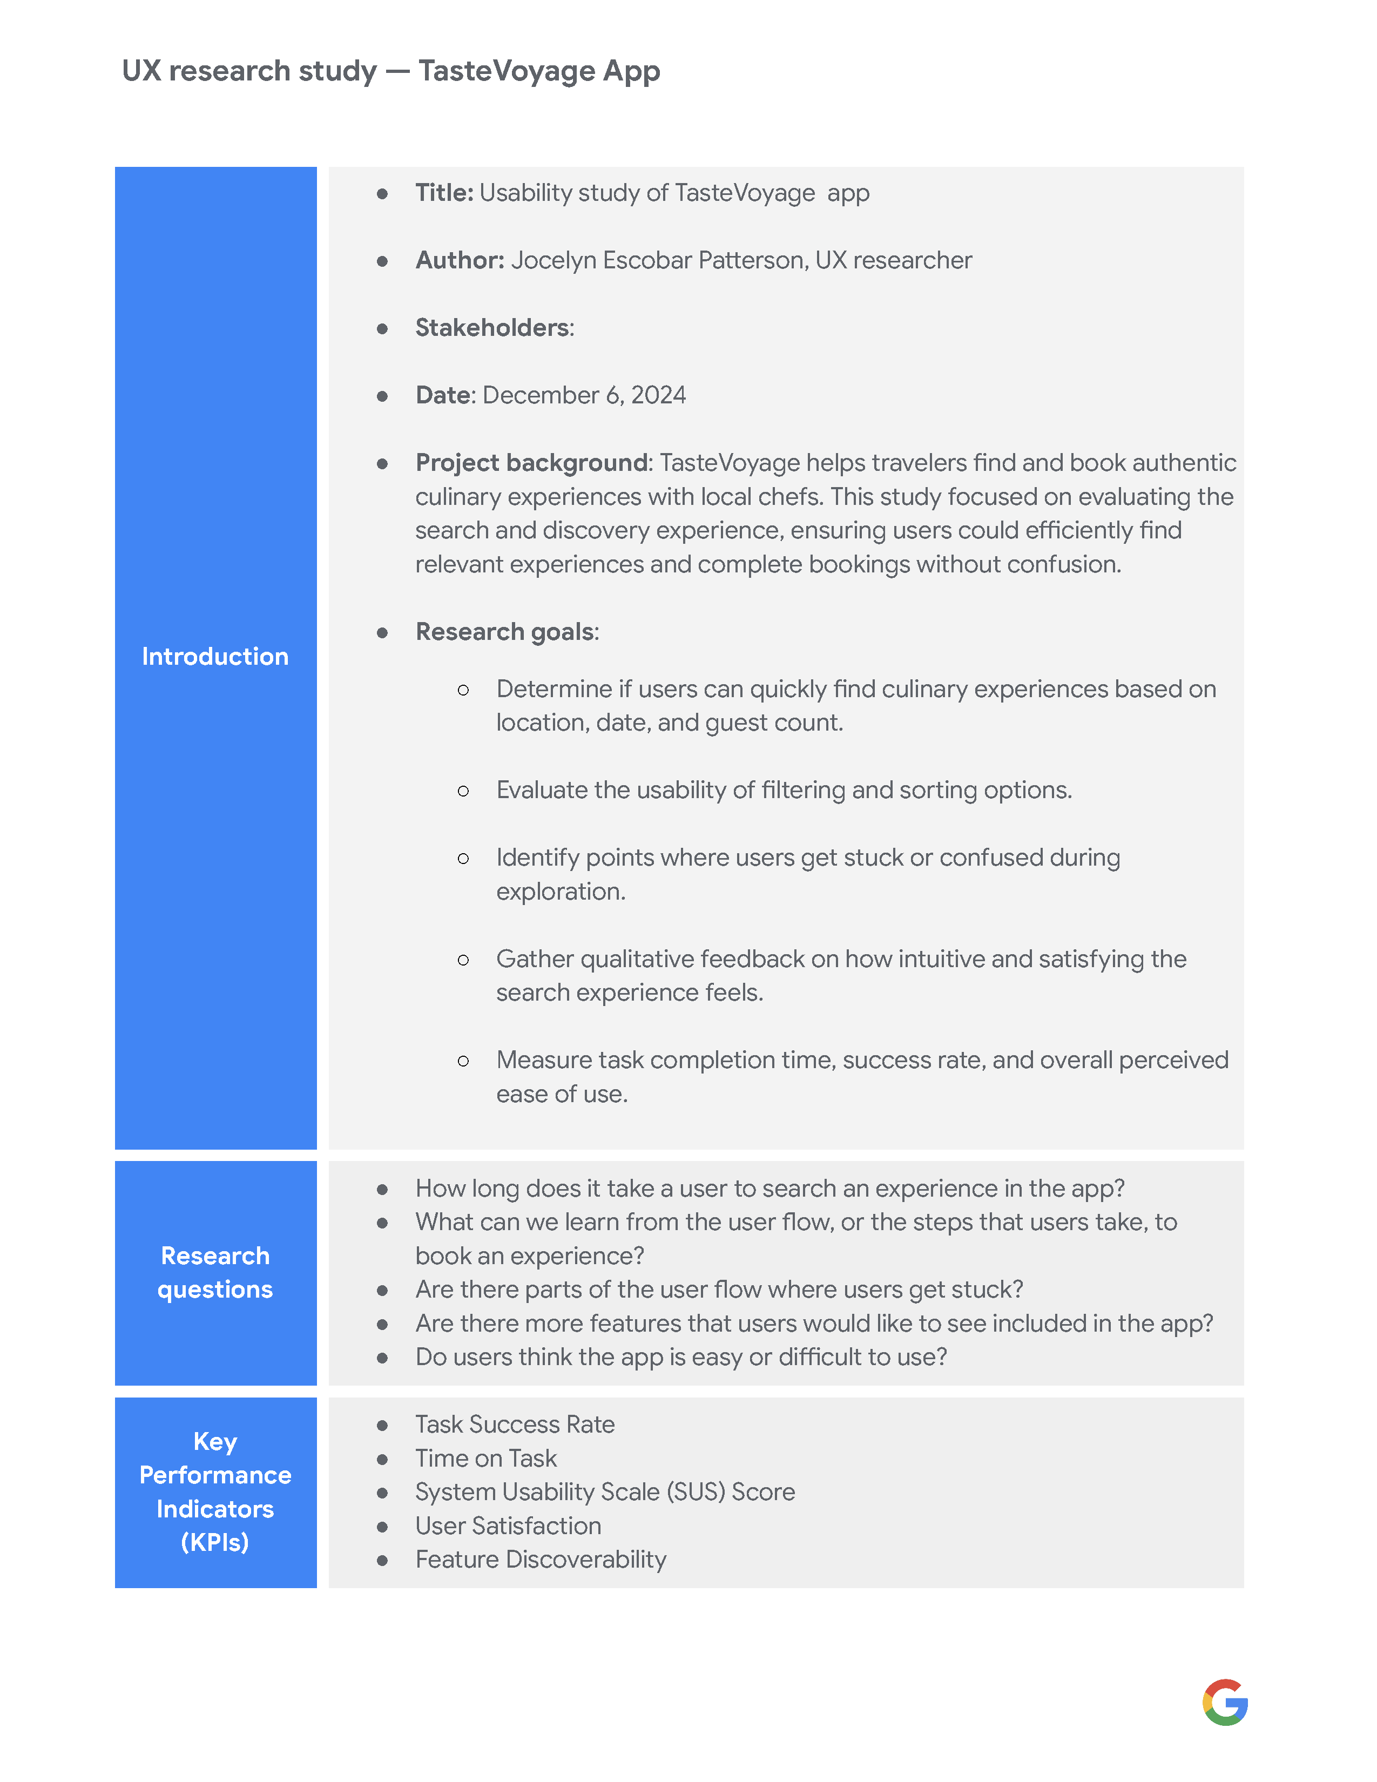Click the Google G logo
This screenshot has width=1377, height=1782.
coord(1225,1702)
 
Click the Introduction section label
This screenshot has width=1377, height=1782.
coord(215,657)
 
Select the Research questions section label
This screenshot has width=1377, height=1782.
coord(215,1272)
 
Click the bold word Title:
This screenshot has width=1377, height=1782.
coord(444,193)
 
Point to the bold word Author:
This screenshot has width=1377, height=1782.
coord(460,260)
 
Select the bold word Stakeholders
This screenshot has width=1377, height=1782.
coord(492,328)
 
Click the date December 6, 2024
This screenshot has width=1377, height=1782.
coord(584,396)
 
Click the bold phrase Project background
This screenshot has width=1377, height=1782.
coord(531,463)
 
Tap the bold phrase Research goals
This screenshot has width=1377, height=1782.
coord(505,632)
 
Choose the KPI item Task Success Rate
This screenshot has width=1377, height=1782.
coord(515,1425)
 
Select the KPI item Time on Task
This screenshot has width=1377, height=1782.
coord(485,1459)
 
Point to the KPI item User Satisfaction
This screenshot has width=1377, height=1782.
coord(508,1526)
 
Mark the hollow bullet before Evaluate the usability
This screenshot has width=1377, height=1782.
coord(463,791)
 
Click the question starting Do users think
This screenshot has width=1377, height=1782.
coord(680,1357)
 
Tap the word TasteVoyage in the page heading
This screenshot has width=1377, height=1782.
coord(507,71)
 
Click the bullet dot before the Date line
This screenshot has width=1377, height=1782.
coord(382,396)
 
